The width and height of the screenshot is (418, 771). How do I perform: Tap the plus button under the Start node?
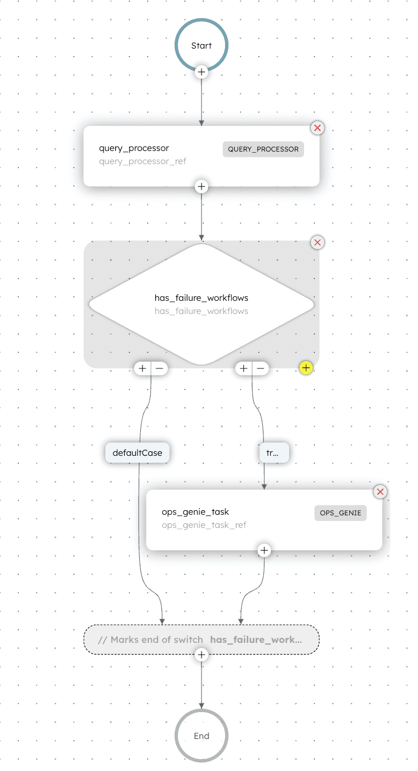coord(202,72)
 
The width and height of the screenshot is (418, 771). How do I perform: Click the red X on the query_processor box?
coord(317,128)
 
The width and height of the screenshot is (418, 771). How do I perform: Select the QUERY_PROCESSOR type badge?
coord(263,149)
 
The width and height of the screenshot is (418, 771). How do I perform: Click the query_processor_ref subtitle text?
coord(143,161)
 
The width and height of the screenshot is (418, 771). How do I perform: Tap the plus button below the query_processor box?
coord(202,186)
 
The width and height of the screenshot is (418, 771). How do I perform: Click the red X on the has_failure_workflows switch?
coord(317,243)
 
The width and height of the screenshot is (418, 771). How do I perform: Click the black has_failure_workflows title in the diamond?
coord(201,298)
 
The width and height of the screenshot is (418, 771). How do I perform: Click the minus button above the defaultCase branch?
coord(159,368)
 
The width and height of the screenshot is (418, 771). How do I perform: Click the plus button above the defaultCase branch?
coord(143,368)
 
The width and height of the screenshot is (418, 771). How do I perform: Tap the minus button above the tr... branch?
coord(261,368)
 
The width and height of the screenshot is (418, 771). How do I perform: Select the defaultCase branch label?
coord(137,452)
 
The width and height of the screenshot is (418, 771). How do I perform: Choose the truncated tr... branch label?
coord(274,452)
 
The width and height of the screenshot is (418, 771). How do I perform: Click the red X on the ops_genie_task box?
coord(380,491)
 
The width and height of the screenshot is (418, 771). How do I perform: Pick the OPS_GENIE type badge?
coord(341,513)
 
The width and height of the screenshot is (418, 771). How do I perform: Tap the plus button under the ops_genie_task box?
coord(264,550)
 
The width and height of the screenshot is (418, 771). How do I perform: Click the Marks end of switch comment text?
coord(150,639)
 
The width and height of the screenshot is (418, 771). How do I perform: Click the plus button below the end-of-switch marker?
coord(202,654)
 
